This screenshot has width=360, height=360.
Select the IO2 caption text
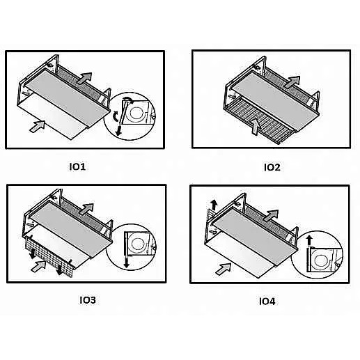[x=272, y=166]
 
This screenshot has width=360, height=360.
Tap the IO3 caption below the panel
[x=87, y=300]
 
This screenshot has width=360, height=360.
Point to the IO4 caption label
[x=268, y=301]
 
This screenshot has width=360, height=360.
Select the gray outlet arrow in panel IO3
[x=85, y=208]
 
